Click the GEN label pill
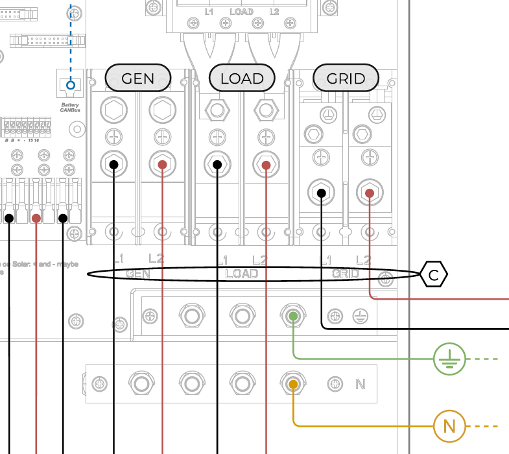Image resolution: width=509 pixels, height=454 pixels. pos(138,78)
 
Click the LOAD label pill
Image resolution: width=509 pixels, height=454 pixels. pos(242,78)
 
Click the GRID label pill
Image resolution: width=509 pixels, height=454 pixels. pos(346,78)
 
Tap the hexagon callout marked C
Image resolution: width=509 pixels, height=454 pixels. pos(434,275)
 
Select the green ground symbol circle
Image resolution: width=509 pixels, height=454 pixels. pos(449,359)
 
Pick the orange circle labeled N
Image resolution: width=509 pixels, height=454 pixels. pos(449,426)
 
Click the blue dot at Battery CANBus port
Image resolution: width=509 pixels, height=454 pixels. pos(71,85)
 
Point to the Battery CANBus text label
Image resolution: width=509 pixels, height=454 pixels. pos(71,108)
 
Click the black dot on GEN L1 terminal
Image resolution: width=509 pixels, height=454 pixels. pos(113,165)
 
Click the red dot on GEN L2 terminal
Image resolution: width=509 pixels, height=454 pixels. pos(162,165)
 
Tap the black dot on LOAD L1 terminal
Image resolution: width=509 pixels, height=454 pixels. pos(217,165)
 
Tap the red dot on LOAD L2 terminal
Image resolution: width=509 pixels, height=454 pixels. pos(266,165)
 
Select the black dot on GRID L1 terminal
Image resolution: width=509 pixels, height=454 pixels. pos(321,193)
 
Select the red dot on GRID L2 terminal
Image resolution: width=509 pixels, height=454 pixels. pos(370,193)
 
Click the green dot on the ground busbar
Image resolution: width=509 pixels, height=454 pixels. pos(293,316)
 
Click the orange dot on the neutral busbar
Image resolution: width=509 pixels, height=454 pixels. pos(293,385)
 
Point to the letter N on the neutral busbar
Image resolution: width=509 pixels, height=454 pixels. pos(361,385)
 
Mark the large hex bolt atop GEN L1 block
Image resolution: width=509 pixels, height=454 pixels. pos(113,110)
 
